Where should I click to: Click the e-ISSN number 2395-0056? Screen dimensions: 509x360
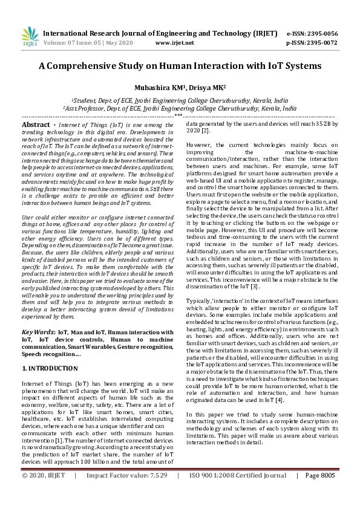[321, 33]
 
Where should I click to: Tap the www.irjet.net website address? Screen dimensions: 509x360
[175, 43]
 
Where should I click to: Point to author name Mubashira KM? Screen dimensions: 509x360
[162, 87]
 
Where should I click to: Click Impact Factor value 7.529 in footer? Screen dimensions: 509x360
[156, 493]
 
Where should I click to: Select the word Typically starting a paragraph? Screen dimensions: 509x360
[202, 299]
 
